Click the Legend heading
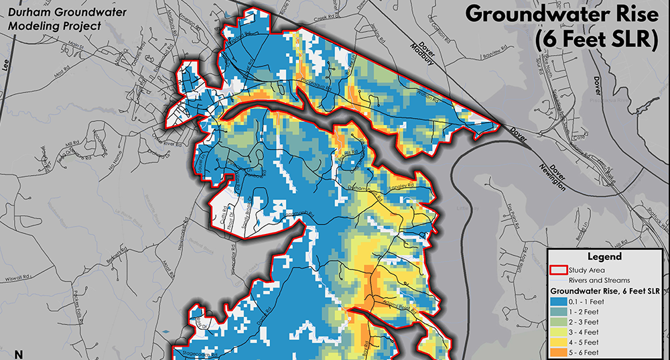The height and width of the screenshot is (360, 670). tap(605, 256)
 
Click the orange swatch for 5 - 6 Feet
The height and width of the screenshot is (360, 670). tap(557, 352)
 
